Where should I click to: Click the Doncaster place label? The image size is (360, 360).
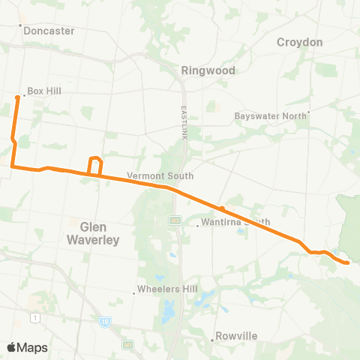(x=49, y=31)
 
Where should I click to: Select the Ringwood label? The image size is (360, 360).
(x=208, y=70)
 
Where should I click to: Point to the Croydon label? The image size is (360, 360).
(x=300, y=43)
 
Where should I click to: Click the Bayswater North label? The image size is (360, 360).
(x=271, y=116)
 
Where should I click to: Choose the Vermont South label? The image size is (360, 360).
(x=160, y=176)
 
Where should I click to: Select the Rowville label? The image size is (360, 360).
(x=236, y=337)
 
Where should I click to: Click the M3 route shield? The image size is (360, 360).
(x=175, y=220)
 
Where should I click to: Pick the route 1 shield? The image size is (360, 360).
(x=34, y=319)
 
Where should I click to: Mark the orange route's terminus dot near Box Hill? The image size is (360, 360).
(x=17, y=97)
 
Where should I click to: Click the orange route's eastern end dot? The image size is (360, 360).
(x=347, y=262)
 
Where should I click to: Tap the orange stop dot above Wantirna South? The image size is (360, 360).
(x=222, y=208)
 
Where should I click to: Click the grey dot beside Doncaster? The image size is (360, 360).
(x=21, y=25)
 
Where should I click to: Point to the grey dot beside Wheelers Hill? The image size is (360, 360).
(x=133, y=292)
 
